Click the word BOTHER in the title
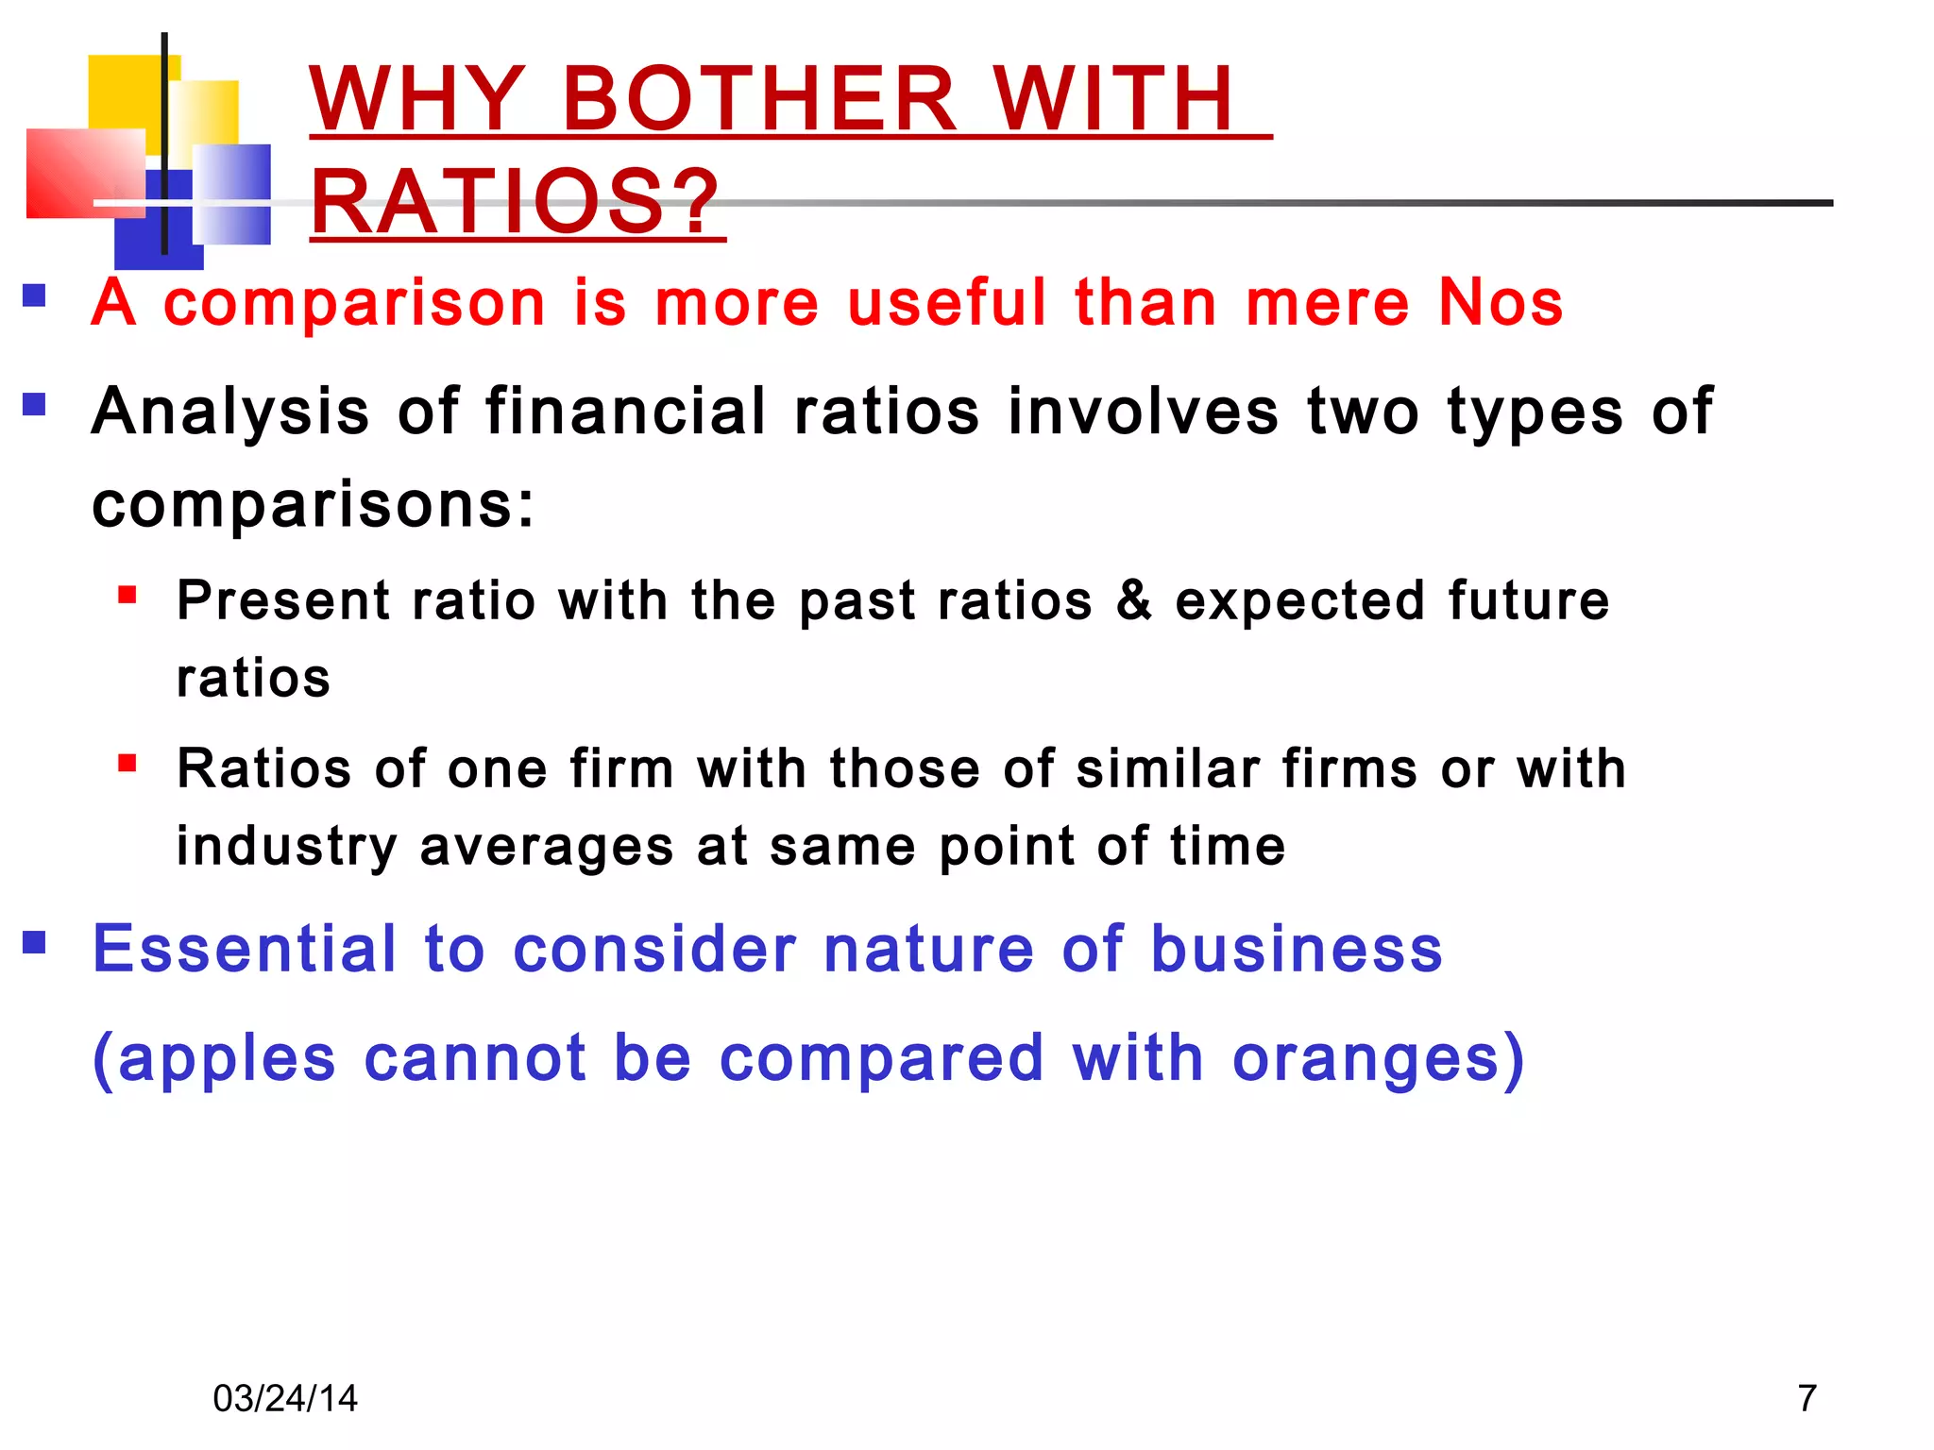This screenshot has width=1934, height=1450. tap(759, 99)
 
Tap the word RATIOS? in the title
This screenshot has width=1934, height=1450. tap(516, 202)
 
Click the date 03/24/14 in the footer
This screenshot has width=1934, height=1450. tap(285, 1398)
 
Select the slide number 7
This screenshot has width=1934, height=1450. tap(1807, 1398)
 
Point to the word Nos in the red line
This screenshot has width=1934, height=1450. tap(1501, 303)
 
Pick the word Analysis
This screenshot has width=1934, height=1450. tap(230, 413)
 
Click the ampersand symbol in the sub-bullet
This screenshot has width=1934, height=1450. tap(1133, 600)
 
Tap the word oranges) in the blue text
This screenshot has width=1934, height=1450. tap(1379, 1058)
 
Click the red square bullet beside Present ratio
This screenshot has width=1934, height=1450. tap(127, 596)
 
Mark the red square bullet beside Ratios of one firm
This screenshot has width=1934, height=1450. tap(127, 763)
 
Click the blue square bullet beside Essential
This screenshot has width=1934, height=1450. tap(35, 942)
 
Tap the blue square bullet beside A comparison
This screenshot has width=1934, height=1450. tap(35, 296)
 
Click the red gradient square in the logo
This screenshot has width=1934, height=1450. tap(85, 173)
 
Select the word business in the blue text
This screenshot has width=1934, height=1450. tap(1297, 949)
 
